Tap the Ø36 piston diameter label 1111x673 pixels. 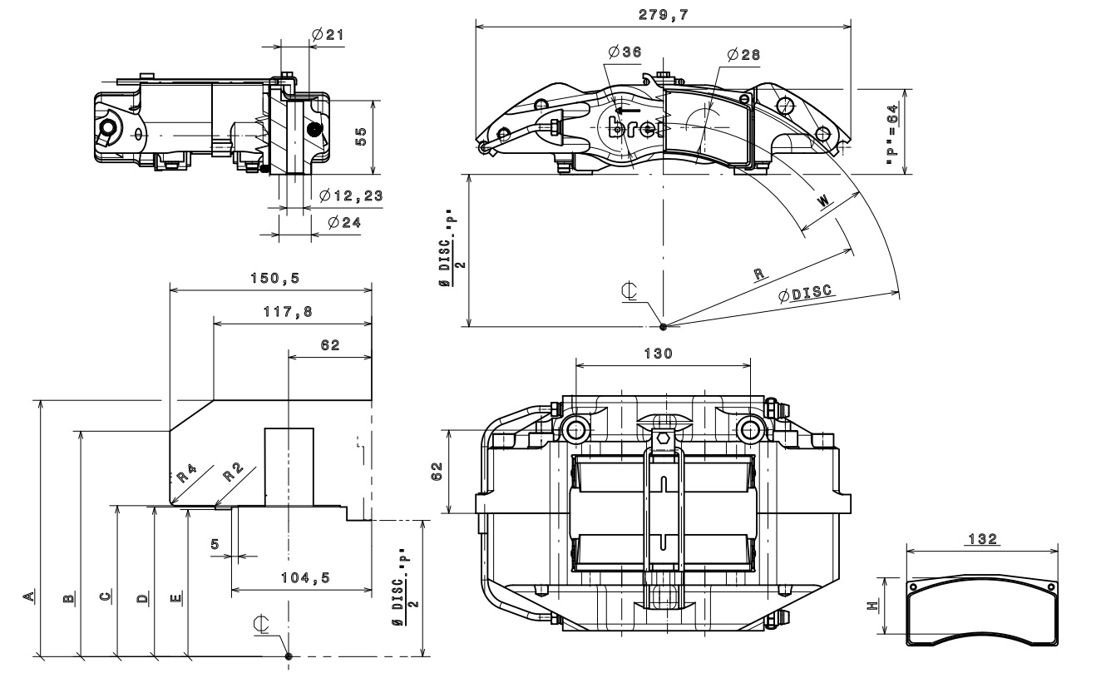pyautogui.click(x=625, y=52)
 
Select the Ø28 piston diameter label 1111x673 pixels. pyautogui.click(x=743, y=54)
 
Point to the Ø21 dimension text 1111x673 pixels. pyautogui.click(x=328, y=34)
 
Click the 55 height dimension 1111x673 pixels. pyautogui.click(x=362, y=137)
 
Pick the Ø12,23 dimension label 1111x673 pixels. pyautogui.click(x=352, y=195)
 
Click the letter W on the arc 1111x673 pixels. pyautogui.click(x=822, y=201)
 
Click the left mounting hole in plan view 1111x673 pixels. pyautogui.click(x=575, y=428)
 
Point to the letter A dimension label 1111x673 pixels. pyautogui.click(x=28, y=595)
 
